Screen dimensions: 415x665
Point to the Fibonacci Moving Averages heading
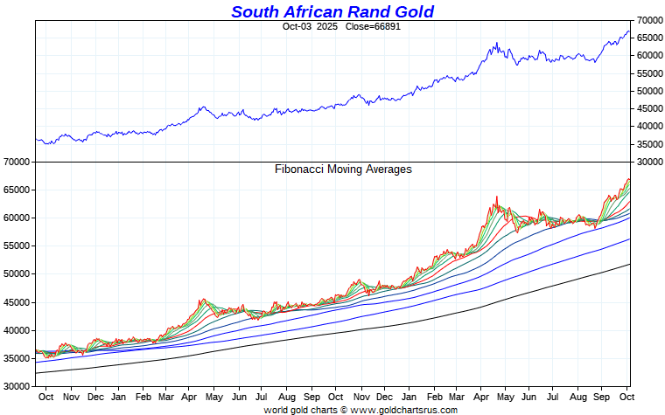(x=343, y=169)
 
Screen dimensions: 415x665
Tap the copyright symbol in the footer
(x=344, y=409)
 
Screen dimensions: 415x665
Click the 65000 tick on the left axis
(x=17, y=190)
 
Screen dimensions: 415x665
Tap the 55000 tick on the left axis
(x=17, y=246)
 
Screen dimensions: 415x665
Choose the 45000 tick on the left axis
(x=17, y=302)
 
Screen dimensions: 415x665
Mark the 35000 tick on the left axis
(x=17, y=358)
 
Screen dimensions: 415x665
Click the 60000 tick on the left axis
(x=17, y=218)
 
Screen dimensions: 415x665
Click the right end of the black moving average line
(x=629, y=265)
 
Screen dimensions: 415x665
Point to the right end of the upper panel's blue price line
(x=629, y=31)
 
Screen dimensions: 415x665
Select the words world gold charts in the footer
(x=300, y=409)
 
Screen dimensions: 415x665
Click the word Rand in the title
(x=370, y=11)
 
